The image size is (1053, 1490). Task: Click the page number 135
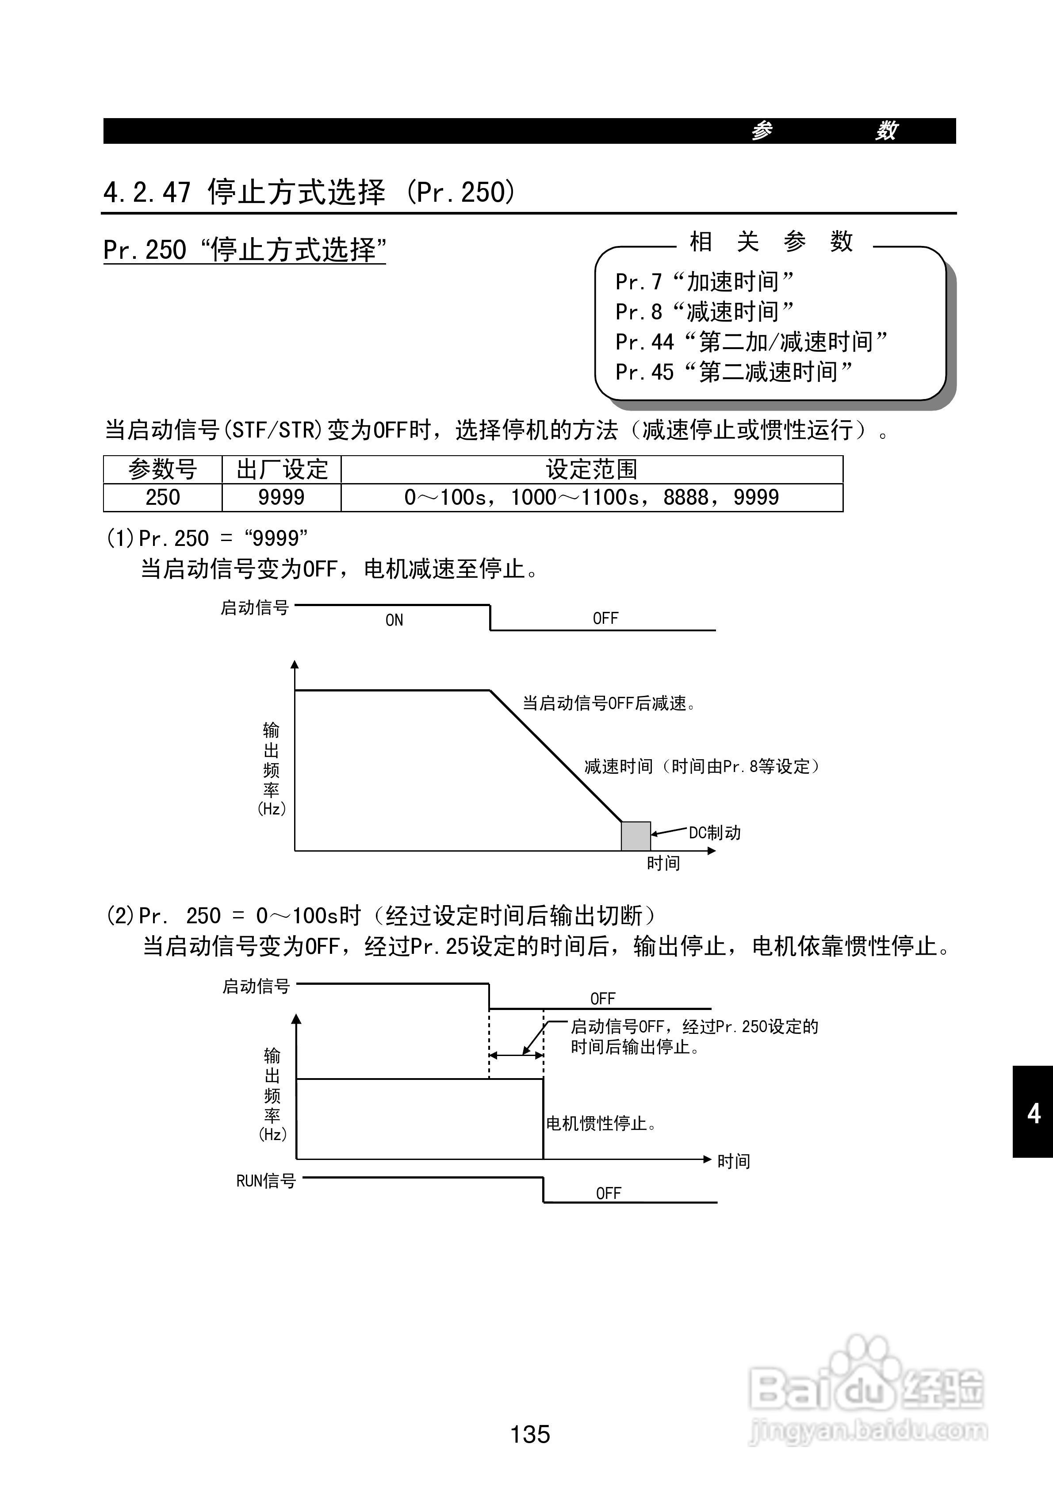(x=530, y=1433)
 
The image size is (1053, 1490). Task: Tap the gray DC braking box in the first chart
(x=636, y=836)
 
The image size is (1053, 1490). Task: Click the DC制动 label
(x=714, y=833)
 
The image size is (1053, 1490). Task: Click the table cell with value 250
(x=162, y=498)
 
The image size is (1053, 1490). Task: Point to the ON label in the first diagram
(x=394, y=620)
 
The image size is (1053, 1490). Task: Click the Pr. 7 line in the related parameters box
(x=704, y=282)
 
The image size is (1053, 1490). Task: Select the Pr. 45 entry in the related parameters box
(x=733, y=372)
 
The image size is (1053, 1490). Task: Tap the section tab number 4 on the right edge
(x=1034, y=1114)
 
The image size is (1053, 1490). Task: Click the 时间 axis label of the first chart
(x=663, y=863)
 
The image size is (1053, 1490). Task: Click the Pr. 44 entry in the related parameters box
(x=751, y=342)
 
